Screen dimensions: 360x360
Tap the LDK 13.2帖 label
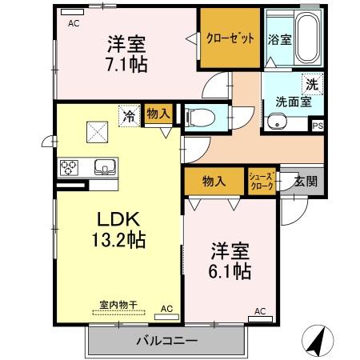pos(120,229)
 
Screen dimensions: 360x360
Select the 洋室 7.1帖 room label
pos(125,54)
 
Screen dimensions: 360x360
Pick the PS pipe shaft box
pos(318,126)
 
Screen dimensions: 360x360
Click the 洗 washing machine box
pos(310,83)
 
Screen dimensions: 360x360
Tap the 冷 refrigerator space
pos(129,115)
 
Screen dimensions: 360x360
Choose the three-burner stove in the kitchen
pos(70,168)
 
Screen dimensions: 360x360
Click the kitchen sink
pos(104,168)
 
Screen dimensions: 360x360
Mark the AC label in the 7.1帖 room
pos(74,24)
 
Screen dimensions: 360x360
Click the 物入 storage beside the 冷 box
pos(158,115)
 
